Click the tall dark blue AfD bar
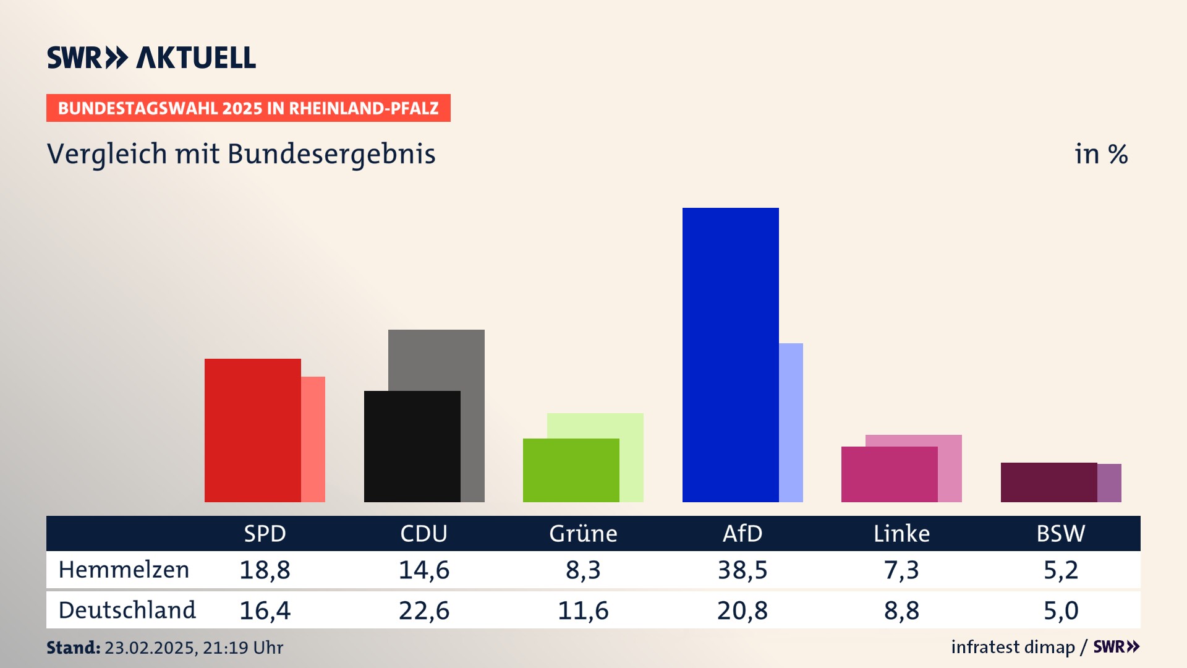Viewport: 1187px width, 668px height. click(x=730, y=354)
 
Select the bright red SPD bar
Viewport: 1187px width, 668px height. click(x=252, y=430)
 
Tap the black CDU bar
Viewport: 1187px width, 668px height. click(x=412, y=446)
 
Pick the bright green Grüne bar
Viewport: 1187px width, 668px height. click(x=571, y=470)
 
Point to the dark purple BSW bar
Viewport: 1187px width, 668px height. click(x=1049, y=482)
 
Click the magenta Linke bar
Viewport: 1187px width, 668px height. click(x=889, y=474)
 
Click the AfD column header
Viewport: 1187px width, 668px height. click(x=742, y=533)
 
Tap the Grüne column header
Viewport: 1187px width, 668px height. click(x=583, y=533)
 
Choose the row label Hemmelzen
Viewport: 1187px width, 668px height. click(x=124, y=570)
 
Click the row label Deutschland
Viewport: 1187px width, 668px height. click(x=127, y=610)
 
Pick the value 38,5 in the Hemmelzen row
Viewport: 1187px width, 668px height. click(x=742, y=570)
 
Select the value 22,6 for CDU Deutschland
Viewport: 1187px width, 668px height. click(x=424, y=610)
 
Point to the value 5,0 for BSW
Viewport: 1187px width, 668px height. click(x=1061, y=610)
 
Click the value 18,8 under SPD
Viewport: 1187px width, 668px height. click(x=265, y=570)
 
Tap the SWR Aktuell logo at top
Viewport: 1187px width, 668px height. click(x=151, y=58)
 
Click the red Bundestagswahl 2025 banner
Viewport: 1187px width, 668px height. click(x=248, y=108)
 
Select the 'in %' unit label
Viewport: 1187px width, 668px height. click(x=1101, y=154)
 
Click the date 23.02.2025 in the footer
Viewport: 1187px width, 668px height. click(x=150, y=648)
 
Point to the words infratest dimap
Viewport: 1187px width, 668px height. click(x=1013, y=647)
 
